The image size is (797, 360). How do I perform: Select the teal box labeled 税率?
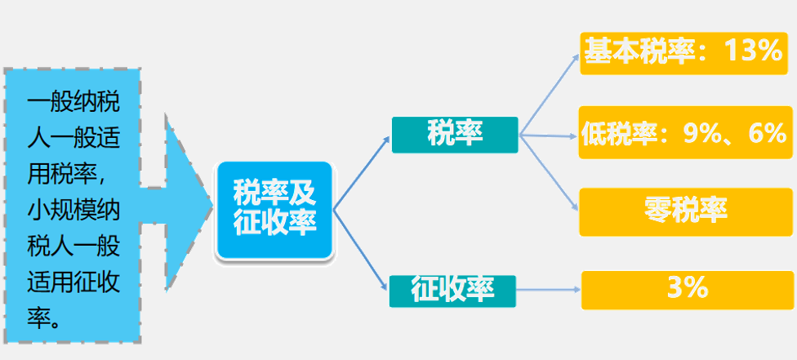point(455,135)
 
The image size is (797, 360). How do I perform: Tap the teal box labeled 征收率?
point(453,290)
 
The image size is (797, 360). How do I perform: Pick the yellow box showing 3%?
point(687,288)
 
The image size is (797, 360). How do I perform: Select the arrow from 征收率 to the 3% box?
point(550,288)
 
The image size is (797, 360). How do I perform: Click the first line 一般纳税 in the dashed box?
point(73,105)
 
